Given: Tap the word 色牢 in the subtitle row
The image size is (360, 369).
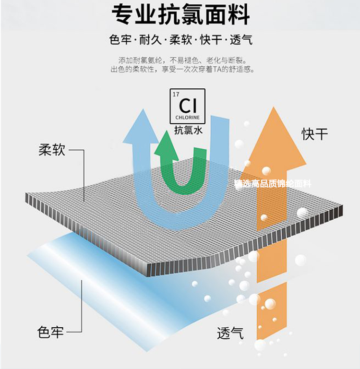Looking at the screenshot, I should click(x=120, y=40).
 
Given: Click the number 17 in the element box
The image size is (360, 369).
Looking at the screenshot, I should click(x=175, y=94).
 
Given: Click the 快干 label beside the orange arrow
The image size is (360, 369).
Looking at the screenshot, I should click(x=315, y=134).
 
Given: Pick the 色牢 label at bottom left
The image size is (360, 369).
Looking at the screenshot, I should click(x=50, y=332).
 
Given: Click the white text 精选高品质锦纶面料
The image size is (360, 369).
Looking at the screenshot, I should click(x=273, y=183).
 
